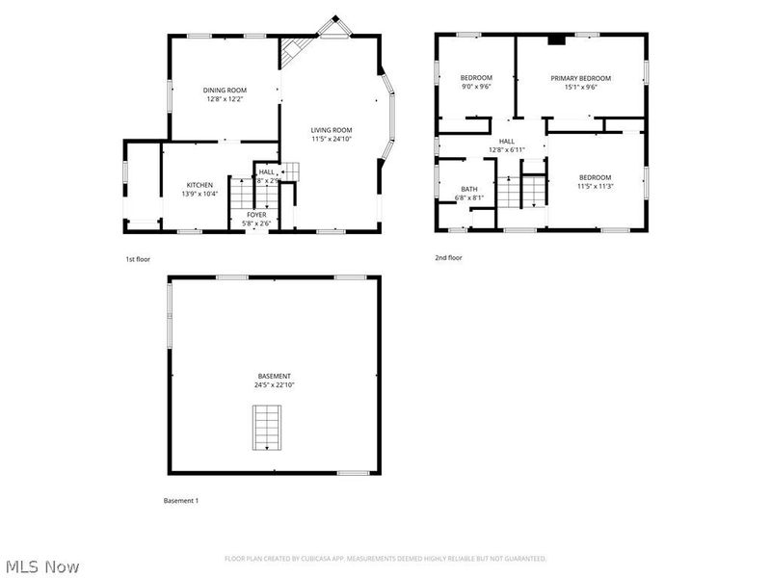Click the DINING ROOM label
[x=225, y=90]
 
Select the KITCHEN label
[x=199, y=185]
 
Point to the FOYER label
[x=256, y=214]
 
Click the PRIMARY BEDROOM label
[x=580, y=78]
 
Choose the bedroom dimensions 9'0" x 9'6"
[x=475, y=87]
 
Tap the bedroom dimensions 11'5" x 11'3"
[x=595, y=186]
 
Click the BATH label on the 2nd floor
[x=469, y=189]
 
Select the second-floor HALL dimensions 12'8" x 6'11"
[x=506, y=149]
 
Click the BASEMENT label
[x=274, y=376]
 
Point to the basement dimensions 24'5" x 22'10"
[x=274, y=385]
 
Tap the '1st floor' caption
[x=138, y=259]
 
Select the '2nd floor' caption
[x=448, y=258]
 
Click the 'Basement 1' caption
[x=180, y=501]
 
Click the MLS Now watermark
[x=41, y=566]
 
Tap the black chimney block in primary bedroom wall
[x=556, y=40]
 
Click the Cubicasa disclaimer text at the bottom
[x=385, y=559]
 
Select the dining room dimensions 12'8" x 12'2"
[x=225, y=99]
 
